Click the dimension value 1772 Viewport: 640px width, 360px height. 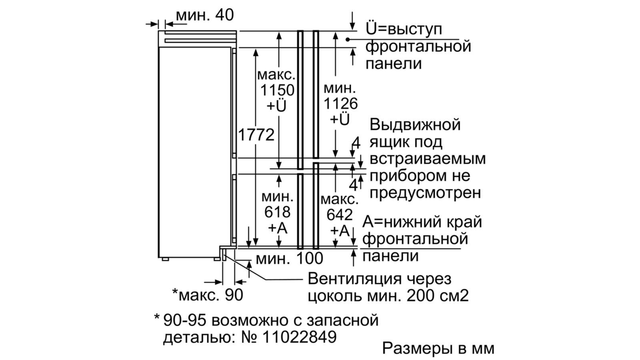click(x=256, y=135)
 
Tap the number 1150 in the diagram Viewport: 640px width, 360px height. click(x=277, y=90)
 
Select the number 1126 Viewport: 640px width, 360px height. click(x=340, y=104)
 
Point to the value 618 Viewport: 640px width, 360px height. click(x=277, y=212)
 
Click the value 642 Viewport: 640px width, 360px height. click(x=340, y=215)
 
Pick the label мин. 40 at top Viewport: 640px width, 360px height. click(x=205, y=15)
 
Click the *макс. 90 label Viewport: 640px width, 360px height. click(x=208, y=295)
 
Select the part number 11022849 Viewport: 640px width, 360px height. click(x=299, y=337)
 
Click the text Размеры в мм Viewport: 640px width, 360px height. click(x=438, y=348)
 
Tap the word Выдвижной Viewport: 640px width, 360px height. click(x=415, y=124)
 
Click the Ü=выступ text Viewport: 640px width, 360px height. click(x=404, y=30)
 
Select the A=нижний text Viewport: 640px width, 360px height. click(x=404, y=222)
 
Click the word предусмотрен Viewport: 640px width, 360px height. click(x=425, y=193)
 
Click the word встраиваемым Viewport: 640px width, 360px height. click(x=428, y=158)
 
